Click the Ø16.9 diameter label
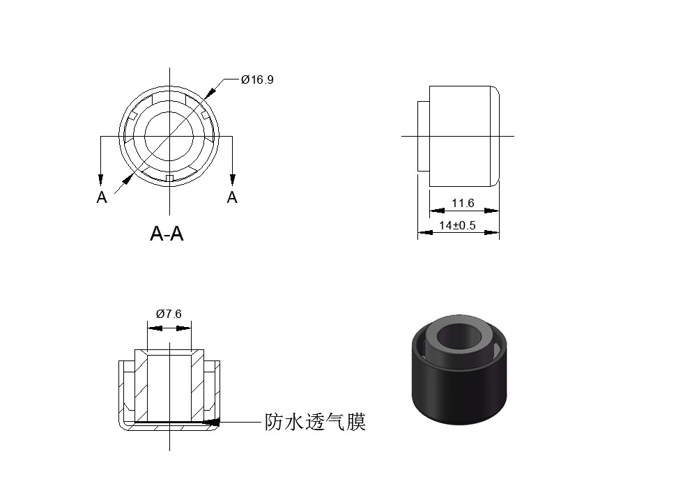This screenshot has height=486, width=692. pos(257,79)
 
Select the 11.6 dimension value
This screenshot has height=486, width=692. pos(462,204)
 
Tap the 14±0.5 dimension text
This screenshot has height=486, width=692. pos(457,225)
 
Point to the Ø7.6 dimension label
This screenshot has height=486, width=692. pos(168,314)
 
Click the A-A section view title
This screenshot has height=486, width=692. pos(167,234)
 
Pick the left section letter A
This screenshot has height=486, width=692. pos(102,198)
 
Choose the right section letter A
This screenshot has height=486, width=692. pos(232,198)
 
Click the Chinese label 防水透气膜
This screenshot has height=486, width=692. pos(314,422)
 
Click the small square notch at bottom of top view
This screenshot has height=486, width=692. pos(169,179)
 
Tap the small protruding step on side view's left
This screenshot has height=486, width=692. pos(423,136)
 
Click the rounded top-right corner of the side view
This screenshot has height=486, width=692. pos(495,91)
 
